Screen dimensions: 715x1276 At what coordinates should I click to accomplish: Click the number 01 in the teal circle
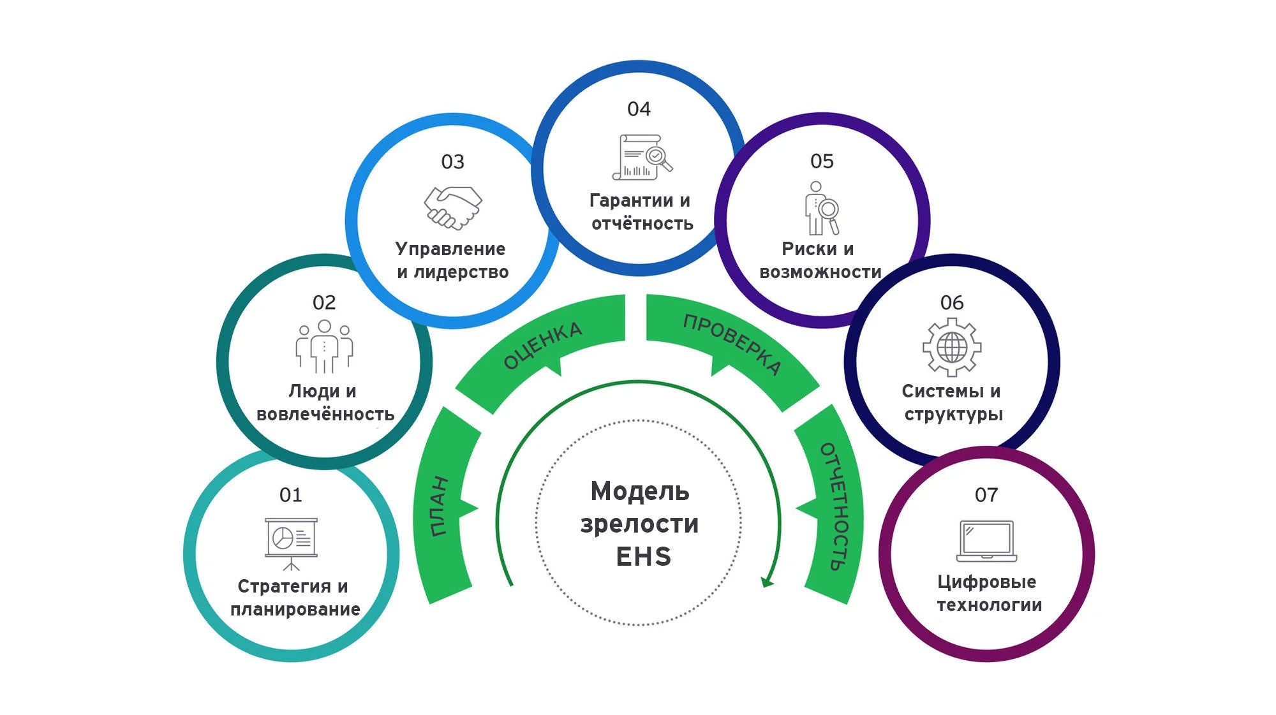pos(290,495)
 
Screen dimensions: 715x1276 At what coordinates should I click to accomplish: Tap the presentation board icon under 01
pos(291,542)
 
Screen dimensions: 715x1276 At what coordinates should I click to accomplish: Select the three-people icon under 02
pos(324,346)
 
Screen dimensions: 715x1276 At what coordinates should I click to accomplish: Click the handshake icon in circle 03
pos(453,207)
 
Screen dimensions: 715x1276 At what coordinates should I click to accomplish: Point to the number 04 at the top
pos(639,109)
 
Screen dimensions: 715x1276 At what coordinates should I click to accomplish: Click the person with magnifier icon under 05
pos(821,209)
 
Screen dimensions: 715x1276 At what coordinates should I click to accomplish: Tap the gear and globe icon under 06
pos(952,348)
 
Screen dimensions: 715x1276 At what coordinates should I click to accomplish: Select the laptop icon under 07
pos(986,541)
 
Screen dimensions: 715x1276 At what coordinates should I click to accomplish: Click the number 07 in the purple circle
pos(986,495)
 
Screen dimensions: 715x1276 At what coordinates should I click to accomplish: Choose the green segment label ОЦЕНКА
pos(543,345)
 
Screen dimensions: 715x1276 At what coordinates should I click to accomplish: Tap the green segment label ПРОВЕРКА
pos(732,344)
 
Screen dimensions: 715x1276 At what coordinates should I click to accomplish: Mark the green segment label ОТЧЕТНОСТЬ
pos(836,506)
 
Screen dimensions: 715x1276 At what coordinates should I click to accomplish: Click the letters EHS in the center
pos(643,557)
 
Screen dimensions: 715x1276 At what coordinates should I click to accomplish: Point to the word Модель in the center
pos(640,492)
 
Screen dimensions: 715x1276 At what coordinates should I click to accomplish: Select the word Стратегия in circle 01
pos(284,586)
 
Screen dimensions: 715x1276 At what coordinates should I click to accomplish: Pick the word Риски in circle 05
pos(809,249)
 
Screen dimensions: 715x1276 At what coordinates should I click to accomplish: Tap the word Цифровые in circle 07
pos(986,582)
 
